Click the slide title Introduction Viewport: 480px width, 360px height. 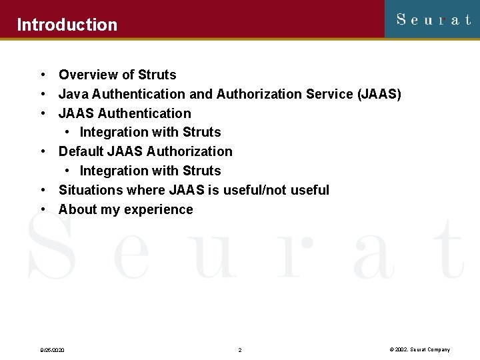tap(67, 25)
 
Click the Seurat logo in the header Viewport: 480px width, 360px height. tap(433, 19)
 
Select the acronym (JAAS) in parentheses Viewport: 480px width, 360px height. tap(379, 94)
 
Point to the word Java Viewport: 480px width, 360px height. tap(73, 94)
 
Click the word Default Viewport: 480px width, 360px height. tap(81, 151)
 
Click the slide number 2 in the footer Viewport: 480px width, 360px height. tap(240, 350)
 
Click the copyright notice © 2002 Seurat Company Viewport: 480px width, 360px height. tap(419, 350)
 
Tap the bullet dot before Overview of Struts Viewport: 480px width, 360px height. tap(42, 75)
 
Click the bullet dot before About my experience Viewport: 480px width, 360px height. tap(42, 209)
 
